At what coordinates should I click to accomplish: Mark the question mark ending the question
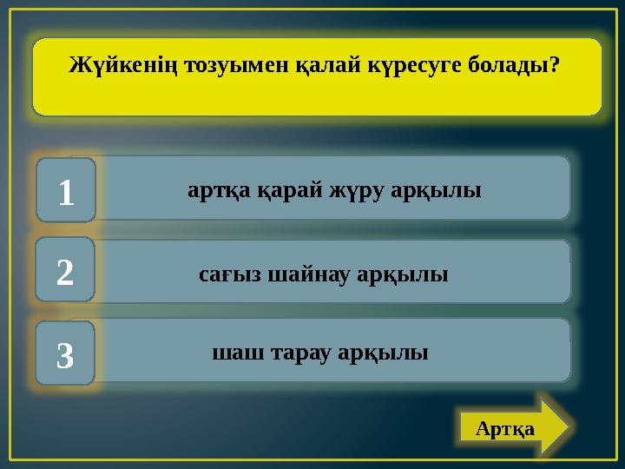pyautogui.click(x=554, y=66)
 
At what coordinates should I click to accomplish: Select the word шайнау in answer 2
pyautogui.click(x=309, y=275)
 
